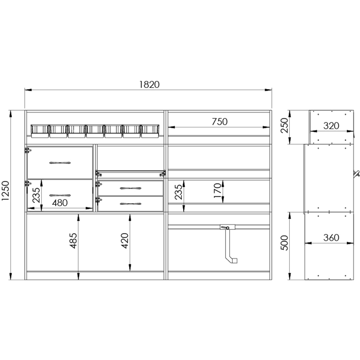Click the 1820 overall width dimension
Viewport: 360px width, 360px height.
point(149,85)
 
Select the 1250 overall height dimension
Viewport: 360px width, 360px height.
point(5,191)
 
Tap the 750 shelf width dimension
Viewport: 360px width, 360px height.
point(220,121)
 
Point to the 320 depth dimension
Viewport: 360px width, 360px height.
point(331,126)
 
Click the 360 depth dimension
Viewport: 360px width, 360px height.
point(331,238)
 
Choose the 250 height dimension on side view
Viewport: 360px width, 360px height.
point(284,126)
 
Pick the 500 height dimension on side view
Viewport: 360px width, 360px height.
point(284,243)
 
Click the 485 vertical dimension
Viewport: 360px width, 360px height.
point(73,241)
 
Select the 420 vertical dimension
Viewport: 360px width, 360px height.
point(125,241)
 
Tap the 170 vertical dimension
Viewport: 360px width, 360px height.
point(217,190)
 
